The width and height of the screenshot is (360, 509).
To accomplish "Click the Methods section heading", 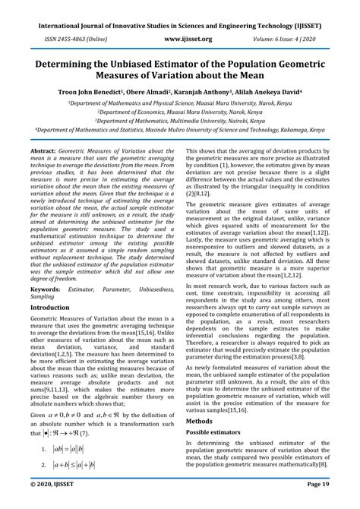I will coord(200,419).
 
